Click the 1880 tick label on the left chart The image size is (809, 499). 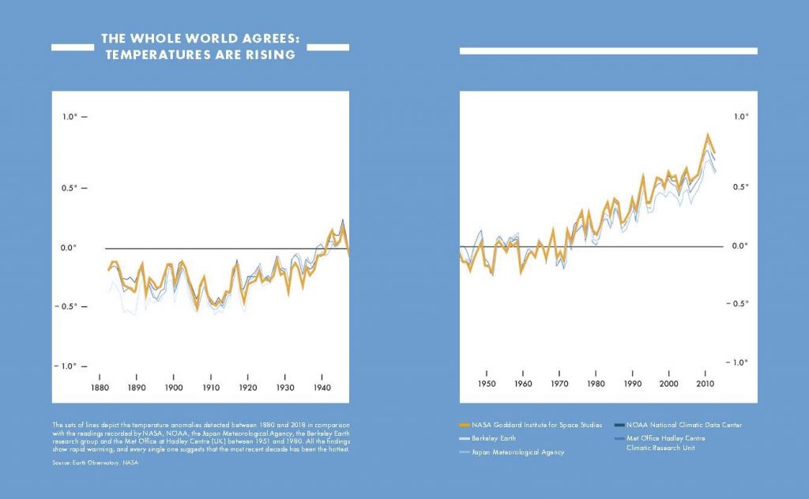click(100, 388)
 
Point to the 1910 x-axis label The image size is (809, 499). click(211, 388)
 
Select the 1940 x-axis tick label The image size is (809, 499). click(322, 388)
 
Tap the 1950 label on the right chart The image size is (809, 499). click(487, 385)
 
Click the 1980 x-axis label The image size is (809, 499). click(596, 385)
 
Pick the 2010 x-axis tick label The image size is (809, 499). click(706, 385)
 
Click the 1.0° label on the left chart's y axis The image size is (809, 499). click(70, 117)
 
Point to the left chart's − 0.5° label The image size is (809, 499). click(70, 306)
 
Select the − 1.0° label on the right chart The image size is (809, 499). click(739, 362)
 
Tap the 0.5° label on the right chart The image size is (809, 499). click(740, 187)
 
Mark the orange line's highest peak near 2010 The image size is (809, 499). click(708, 134)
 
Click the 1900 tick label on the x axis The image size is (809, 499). click(174, 388)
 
